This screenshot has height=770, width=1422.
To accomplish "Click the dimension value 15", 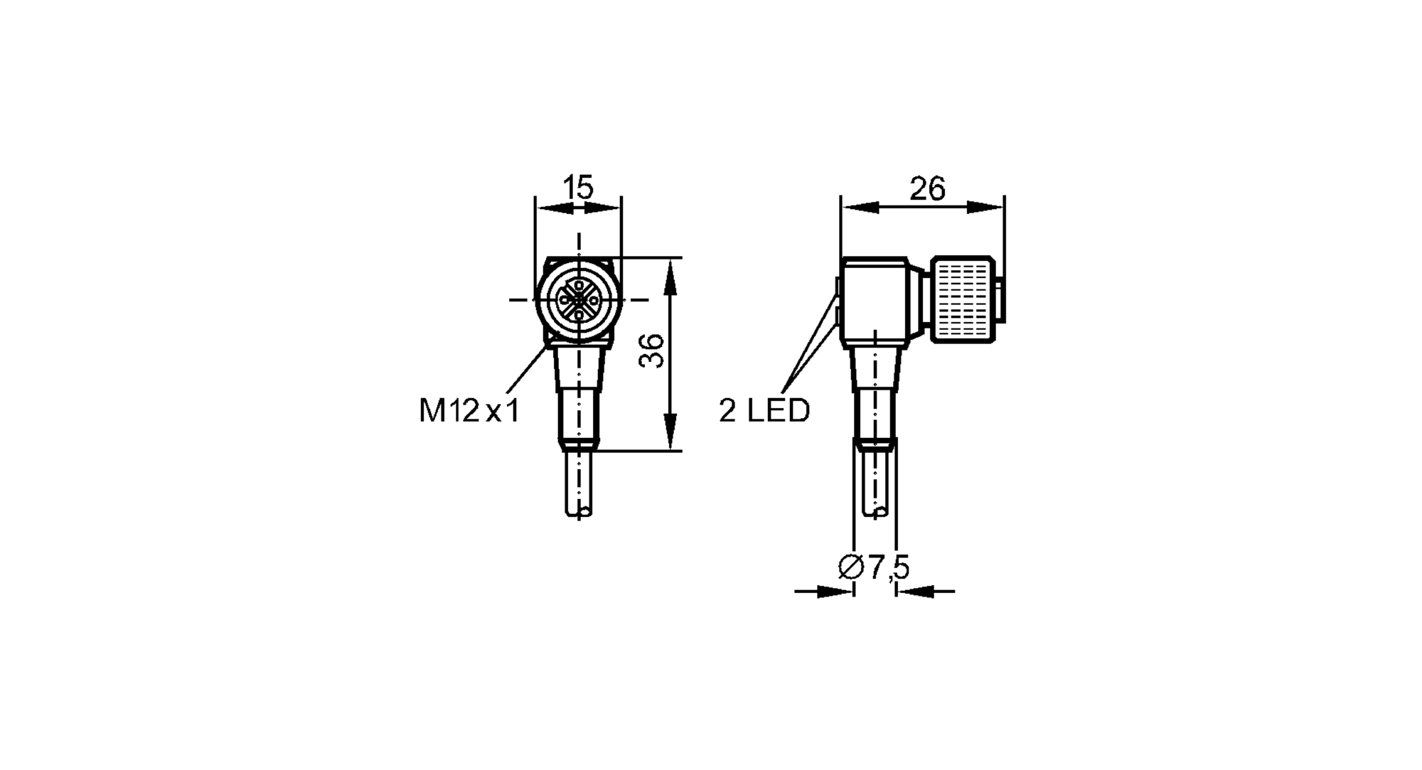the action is pos(578,188).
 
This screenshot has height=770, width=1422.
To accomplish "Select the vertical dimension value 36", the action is pos(651,351).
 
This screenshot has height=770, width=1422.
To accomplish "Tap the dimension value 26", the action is pos(927,189).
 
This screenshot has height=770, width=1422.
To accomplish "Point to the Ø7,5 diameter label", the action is pos(874,567).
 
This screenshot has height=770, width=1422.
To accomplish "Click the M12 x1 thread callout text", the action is pos(469,411).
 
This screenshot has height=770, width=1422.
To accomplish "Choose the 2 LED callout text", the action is pos(764,411).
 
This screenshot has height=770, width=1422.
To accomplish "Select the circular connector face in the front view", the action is pos(579,300).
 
